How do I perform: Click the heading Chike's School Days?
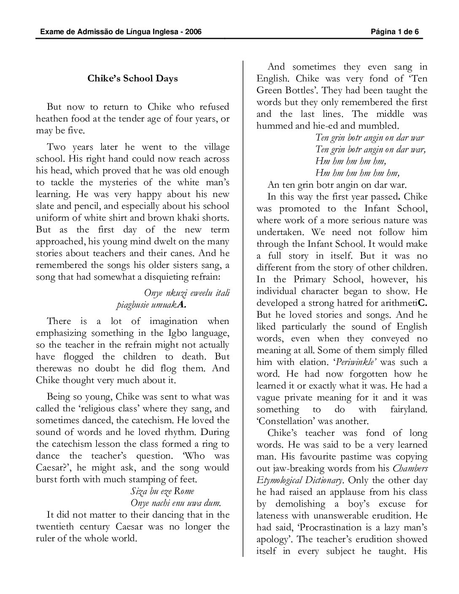(132, 78)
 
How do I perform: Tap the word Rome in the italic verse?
(184, 491)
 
